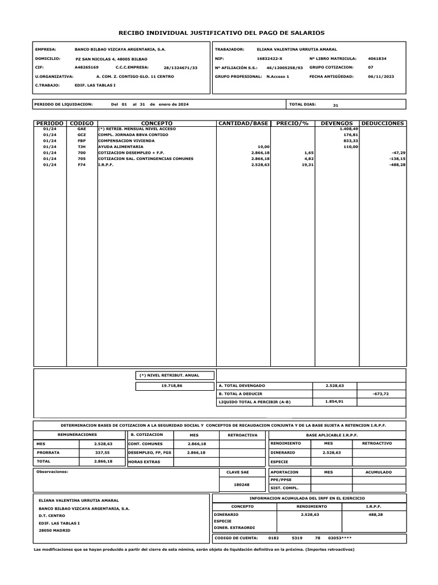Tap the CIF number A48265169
[x=87, y=67]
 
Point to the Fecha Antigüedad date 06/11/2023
[x=382, y=76]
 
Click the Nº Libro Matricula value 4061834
[x=378, y=58]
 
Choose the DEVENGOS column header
[x=336, y=123]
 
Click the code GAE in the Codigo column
[x=81, y=130]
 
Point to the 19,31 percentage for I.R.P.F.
[x=308, y=165]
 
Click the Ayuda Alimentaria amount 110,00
[x=350, y=147]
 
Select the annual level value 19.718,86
[x=172, y=386]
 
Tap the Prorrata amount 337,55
[x=103, y=452]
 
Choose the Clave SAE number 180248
[x=242, y=484]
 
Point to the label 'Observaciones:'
[x=52, y=472]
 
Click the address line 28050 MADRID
[x=55, y=531]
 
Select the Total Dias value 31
[x=335, y=105]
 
